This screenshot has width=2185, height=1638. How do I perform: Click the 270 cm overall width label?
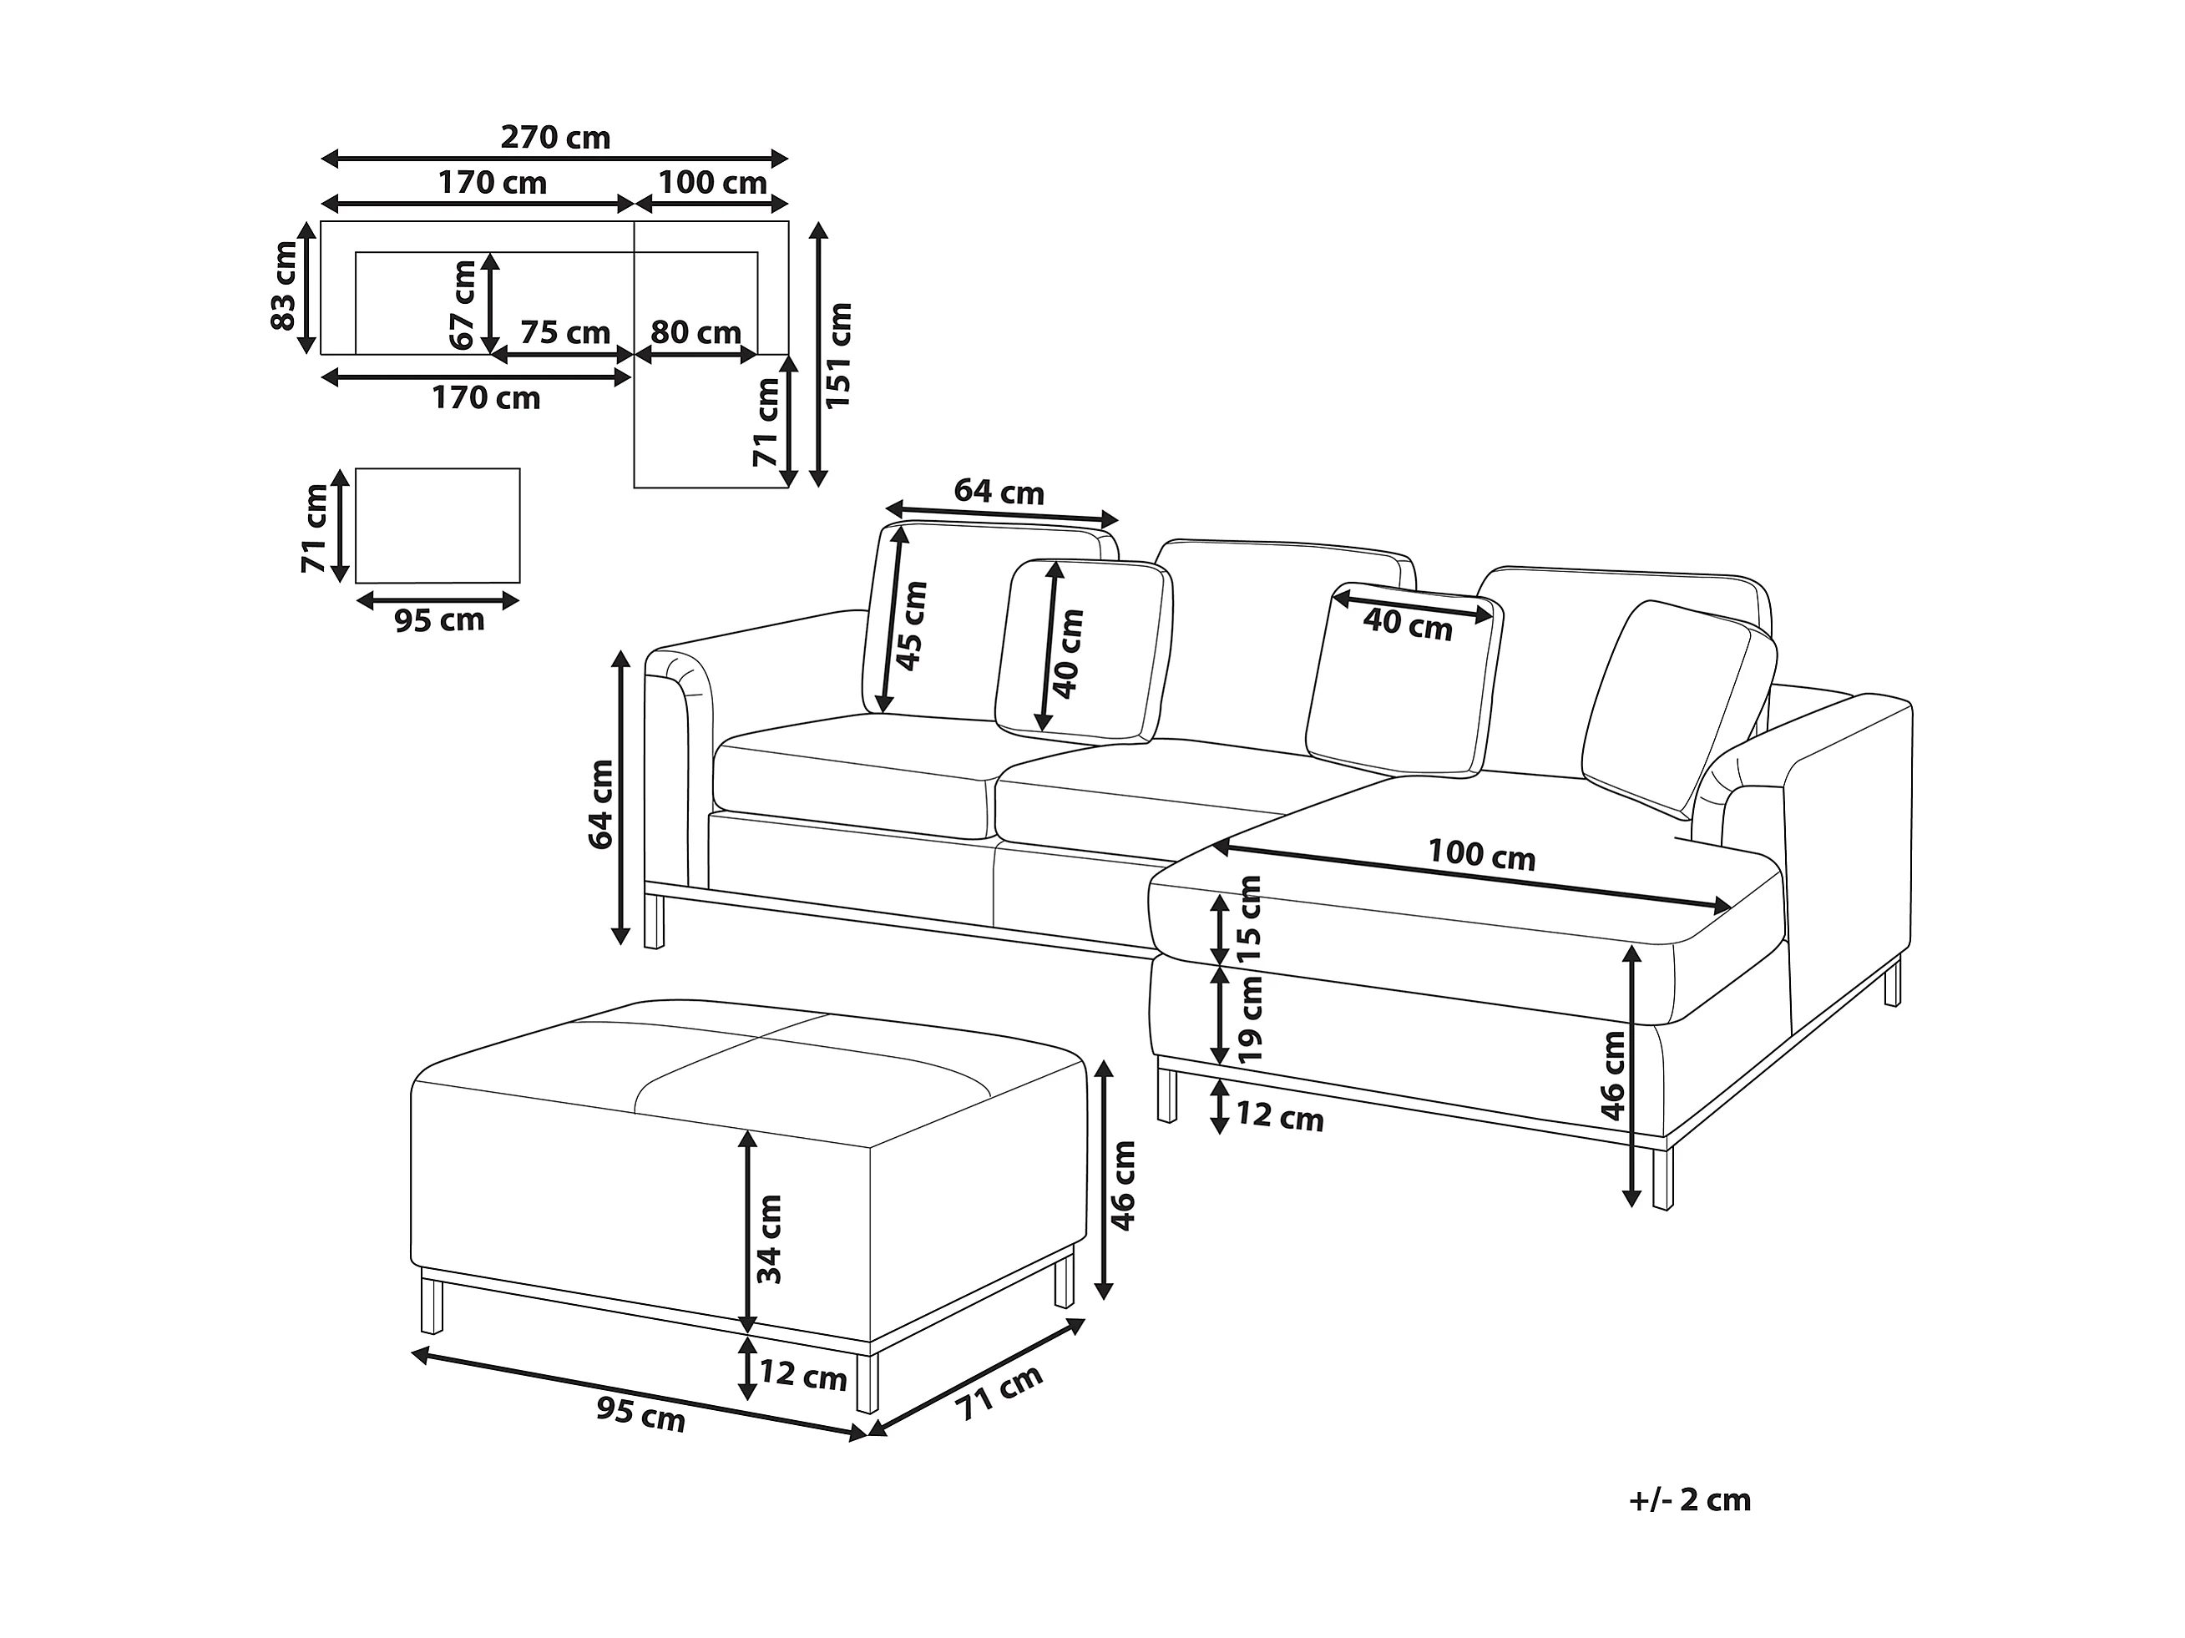[x=555, y=137]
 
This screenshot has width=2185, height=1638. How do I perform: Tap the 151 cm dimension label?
[x=838, y=356]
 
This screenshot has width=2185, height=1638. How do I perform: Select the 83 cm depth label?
[x=284, y=286]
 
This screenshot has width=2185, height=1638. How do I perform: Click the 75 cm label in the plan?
[x=565, y=333]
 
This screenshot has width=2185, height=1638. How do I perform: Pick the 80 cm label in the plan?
[x=696, y=333]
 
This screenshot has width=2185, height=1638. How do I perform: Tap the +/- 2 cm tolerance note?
[x=1690, y=1501]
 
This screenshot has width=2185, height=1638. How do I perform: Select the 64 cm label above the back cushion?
[x=999, y=491]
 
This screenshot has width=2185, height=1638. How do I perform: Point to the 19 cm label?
[x=1250, y=1019]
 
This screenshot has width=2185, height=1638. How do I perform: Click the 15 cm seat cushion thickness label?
[x=1250, y=920]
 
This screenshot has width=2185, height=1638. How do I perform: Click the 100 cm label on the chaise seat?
[x=1482, y=855]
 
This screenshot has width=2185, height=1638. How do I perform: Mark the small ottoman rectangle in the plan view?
[x=438, y=526]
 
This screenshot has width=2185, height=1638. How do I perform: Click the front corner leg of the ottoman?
[x=867, y=1383]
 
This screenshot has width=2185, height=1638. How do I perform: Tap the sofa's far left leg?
[x=654, y=921]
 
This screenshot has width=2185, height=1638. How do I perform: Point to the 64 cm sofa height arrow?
[x=620, y=798]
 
